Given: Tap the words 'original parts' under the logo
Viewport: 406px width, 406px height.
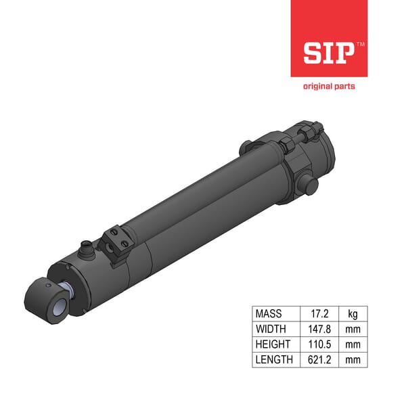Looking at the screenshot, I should click(328, 86).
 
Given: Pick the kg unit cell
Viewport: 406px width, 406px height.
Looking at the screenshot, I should click(353, 315).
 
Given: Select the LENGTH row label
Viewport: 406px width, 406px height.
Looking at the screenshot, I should click(275, 359).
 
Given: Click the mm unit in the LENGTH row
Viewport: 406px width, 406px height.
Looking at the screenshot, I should click(353, 359).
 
